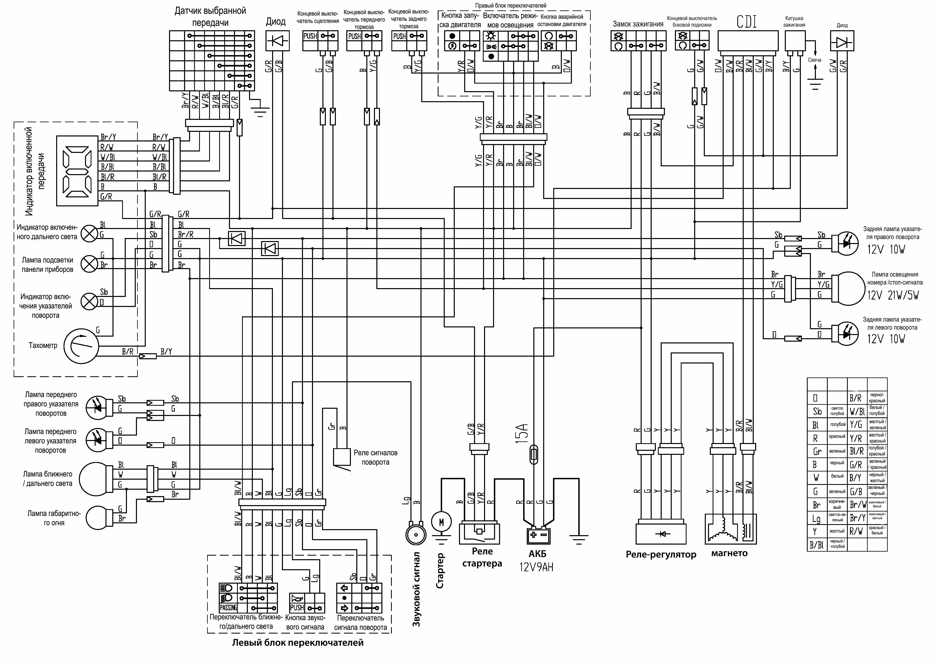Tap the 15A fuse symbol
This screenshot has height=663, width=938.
pos(533,455)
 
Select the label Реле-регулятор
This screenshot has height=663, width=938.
pos(661,554)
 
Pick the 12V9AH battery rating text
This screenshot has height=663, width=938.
pos(536,567)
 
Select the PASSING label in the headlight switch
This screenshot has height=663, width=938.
pos(228,607)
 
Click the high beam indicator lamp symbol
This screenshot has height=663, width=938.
pos(88,233)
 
